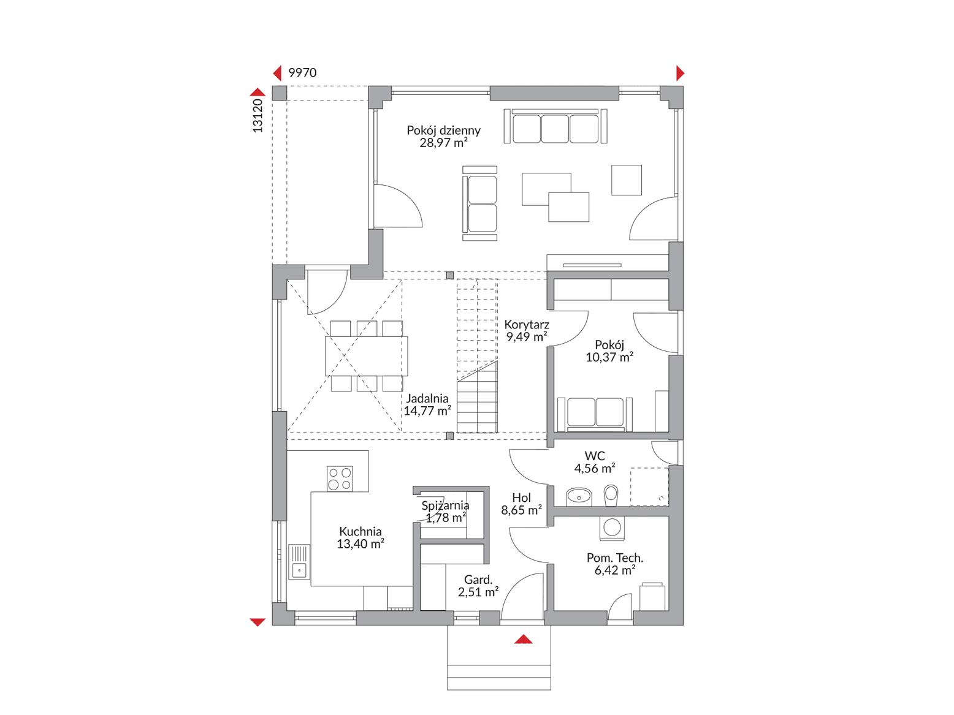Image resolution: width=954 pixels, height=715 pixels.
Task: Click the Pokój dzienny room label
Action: [x=443, y=131]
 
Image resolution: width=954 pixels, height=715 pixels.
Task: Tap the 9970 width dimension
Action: [x=302, y=72]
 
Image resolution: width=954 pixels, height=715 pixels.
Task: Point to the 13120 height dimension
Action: [x=258, y=116]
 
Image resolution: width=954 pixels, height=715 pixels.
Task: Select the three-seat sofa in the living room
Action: [x=555, y=126]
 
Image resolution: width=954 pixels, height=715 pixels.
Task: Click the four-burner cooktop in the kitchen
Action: [x=340, y=479]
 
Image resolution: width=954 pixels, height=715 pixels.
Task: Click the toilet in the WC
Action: [x=611, y=495]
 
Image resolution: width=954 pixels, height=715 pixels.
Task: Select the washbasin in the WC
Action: [x=579, y=497]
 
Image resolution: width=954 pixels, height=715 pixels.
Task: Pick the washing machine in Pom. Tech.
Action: [x=612, y=528]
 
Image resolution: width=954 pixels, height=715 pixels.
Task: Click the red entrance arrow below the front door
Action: [x=523, y=639]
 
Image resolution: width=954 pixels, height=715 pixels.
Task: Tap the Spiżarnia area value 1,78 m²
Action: [x=446, y=518]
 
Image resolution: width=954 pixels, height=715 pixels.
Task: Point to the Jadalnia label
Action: [x=427, y=398]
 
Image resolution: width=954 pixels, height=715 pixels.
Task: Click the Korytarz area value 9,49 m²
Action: [x=526, y=336]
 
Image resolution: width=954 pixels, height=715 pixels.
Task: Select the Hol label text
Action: [x=522, y=497]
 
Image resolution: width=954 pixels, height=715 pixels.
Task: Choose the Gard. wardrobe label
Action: [x=478, y=580]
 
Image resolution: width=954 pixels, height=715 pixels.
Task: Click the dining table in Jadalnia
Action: [x=367, y=356]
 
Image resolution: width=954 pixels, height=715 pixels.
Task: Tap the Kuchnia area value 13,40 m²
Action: [x=361, y=543]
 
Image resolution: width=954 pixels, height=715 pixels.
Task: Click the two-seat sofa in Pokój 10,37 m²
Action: [x=595, y=413]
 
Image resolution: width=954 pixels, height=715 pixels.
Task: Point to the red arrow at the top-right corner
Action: [x=680, y=73]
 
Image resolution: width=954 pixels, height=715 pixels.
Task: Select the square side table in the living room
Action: [x=627, y=180]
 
